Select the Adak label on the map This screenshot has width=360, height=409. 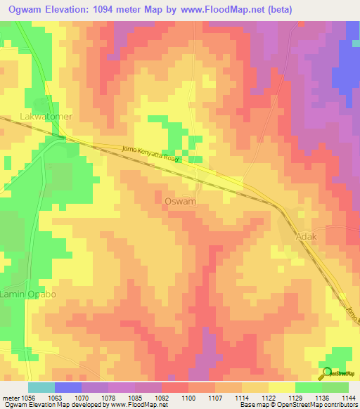(307, 237)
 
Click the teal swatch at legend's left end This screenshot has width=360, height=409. (41, 387)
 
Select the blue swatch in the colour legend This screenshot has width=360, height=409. (68, 387)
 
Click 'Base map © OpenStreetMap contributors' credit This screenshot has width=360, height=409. (297, 405)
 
